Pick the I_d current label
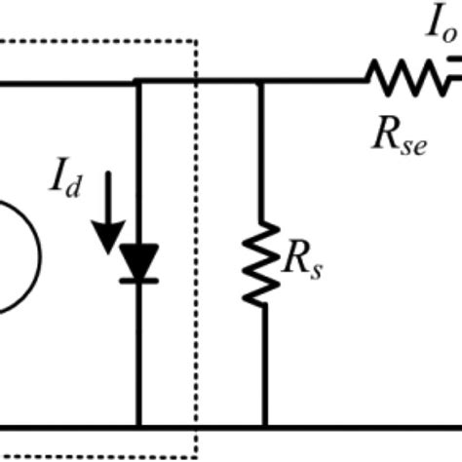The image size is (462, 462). (63, 178)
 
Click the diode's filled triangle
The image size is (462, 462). (140, 260)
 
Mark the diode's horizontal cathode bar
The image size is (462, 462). (140, 281)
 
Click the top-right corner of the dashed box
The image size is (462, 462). (198, 41)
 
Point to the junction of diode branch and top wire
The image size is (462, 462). (138, 83)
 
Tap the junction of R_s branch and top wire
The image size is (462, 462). (260, 83)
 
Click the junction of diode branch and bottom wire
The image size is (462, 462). (138, 426)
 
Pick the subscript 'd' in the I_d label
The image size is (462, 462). (74, 186)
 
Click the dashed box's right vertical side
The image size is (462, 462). (198, 244)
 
